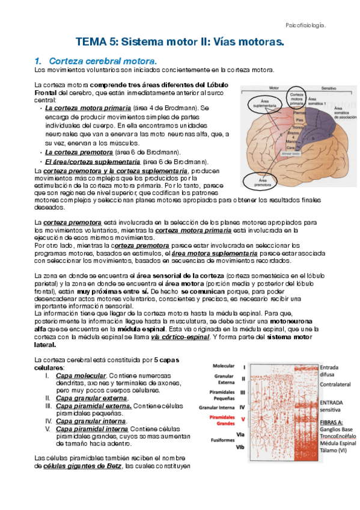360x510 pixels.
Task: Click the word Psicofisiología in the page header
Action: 305,25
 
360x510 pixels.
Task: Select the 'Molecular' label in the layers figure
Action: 224,366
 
